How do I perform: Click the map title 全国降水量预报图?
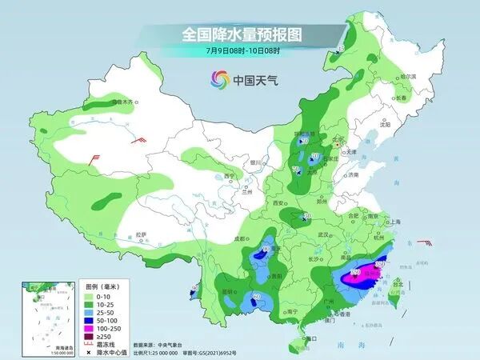[240, 34]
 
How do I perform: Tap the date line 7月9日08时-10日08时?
[240, 50]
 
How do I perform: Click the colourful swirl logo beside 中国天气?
[218, 79]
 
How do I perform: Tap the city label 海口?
[312, 338]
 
